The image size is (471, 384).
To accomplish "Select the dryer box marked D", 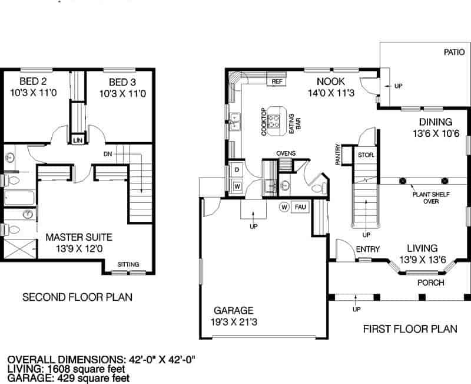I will [237, 170].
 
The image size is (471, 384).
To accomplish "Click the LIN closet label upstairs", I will [78, 140].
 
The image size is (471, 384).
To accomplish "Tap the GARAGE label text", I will [233, 310].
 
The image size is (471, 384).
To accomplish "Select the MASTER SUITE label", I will [79, 238].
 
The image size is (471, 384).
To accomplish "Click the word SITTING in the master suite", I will [129, 264].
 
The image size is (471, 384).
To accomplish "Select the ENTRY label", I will [368, 249].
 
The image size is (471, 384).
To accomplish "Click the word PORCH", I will [430, 283].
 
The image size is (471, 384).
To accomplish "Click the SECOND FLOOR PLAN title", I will [77, 297].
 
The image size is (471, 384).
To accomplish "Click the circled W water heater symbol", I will [284, 207].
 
